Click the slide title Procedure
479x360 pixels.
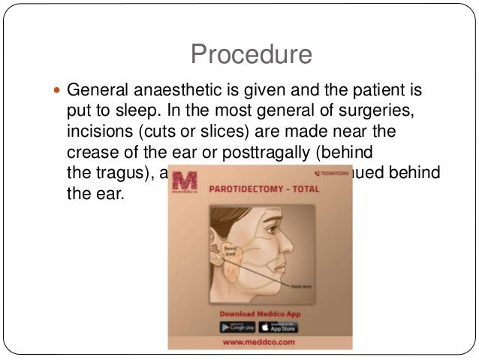pyautogui.click(x=250, y=53)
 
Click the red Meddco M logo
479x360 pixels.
pyautogui.click(x=185, y=185)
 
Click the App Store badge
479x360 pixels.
pyautogui.click(x=277, y=327)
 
